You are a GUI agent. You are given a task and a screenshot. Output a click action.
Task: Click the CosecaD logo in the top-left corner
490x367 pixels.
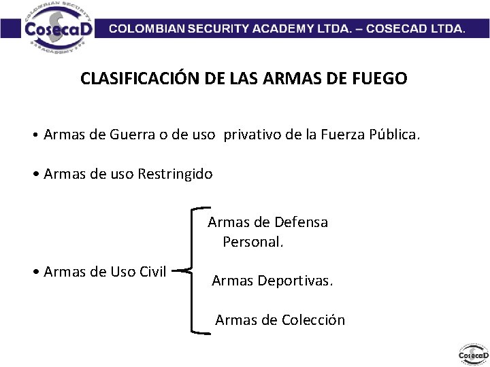54,29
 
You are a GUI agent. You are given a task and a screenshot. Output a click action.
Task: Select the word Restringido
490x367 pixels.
176,174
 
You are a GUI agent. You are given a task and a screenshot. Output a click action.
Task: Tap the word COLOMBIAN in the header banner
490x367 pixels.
150,29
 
